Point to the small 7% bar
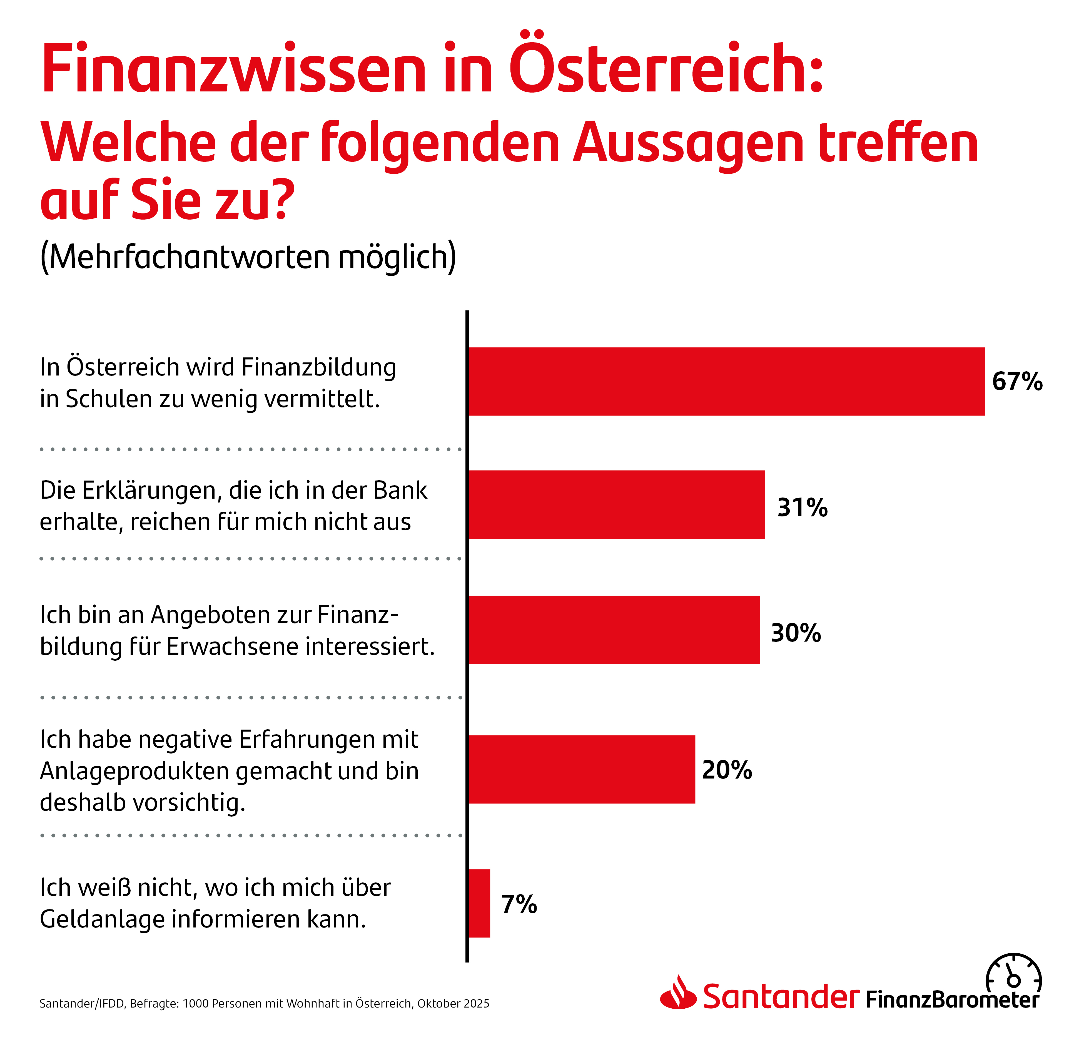(479, 903)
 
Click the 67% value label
(1017, 382)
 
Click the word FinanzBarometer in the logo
(951, 1000)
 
